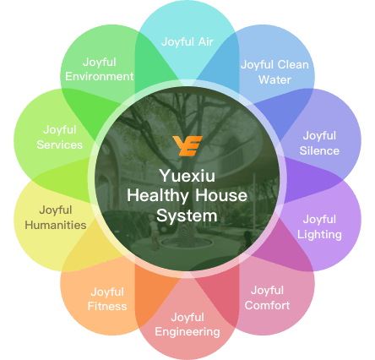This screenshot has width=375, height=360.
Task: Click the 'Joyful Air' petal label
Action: click(x=187, y=42)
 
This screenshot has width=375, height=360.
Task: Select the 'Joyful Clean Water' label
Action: click(x=274, y=72)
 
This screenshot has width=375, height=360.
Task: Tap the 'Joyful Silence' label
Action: click(x=319, y=143)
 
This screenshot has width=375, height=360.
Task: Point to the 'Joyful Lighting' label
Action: click(x=319, y=227)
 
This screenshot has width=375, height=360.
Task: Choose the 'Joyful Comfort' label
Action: click(x=267, y=297)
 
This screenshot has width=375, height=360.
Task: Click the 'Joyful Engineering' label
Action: click(x=187, y=325)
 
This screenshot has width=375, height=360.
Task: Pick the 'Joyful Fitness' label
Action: click(x=107, y=299)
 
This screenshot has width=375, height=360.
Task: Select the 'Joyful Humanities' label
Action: click(x=56, y=217)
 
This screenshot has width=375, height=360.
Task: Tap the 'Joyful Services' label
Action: click(x=60, y=138)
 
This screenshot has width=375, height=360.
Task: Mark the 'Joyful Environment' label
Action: click(x=100, y=69)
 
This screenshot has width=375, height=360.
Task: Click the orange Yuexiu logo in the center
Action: click(x=187, y=145)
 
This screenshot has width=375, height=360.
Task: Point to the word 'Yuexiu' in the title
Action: click(x=187, y=176)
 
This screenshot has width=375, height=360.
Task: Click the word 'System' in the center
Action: click(x=187, y=216)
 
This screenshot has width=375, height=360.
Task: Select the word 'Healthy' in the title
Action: click(x=158, y=196)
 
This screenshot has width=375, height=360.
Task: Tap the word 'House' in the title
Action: click(x=221, y=195)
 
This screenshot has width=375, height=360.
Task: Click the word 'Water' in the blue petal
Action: click(x=274, y=79)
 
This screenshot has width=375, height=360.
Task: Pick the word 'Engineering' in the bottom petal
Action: click(x=187, y=332)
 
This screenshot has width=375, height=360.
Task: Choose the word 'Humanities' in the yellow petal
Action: click(x=56, y=225)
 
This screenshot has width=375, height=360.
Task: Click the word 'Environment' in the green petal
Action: click(x=100, y=77)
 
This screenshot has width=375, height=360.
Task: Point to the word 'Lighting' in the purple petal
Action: click(x=319, y=235)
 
